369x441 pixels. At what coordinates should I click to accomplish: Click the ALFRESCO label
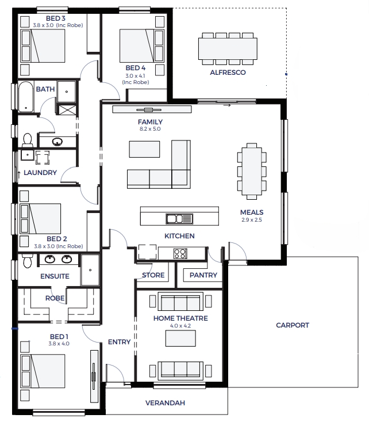[228, 73]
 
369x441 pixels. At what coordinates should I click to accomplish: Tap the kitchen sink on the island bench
[179, 219]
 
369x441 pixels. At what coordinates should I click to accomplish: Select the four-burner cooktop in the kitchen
[180, 253]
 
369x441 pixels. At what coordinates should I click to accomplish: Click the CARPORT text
[293, 325]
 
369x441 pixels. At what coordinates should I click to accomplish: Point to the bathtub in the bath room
[26, 97]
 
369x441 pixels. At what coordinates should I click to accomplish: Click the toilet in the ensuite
[28, 261]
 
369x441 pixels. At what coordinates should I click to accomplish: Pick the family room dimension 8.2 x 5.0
[150, 129]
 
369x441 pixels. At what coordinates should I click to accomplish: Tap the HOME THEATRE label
[180, 318]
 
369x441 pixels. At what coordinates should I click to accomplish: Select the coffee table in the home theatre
[180, 339]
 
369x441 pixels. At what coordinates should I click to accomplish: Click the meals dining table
[252, 172]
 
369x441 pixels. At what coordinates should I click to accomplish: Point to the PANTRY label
[203, 275]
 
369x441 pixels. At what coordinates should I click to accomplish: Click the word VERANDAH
[165, 403]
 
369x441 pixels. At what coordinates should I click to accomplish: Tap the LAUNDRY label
[40, 172]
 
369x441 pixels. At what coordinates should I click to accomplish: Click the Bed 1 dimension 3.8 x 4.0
[59, 344]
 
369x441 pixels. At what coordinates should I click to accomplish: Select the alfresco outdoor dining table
[228, 49]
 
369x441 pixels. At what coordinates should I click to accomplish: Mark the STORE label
[153, 275]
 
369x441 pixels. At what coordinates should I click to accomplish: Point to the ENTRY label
[120, 342]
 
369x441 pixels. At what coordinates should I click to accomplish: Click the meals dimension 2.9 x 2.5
[252, 220]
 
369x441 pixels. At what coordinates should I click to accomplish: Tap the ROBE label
[55, 298]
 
